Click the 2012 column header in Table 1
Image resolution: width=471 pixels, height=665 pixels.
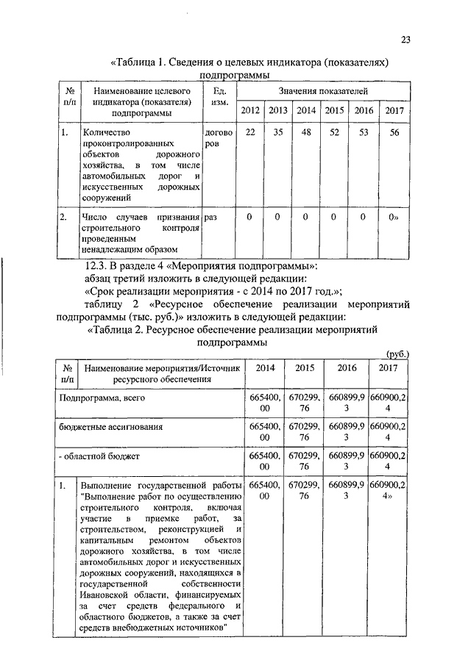tap(250, 110)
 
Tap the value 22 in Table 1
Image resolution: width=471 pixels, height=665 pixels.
tap(250, 132)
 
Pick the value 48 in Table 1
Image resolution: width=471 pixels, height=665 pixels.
tap(306, 132)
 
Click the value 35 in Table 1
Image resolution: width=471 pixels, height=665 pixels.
tap(277, 132)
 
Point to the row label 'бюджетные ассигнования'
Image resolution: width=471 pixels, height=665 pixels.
tap(110, 426)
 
